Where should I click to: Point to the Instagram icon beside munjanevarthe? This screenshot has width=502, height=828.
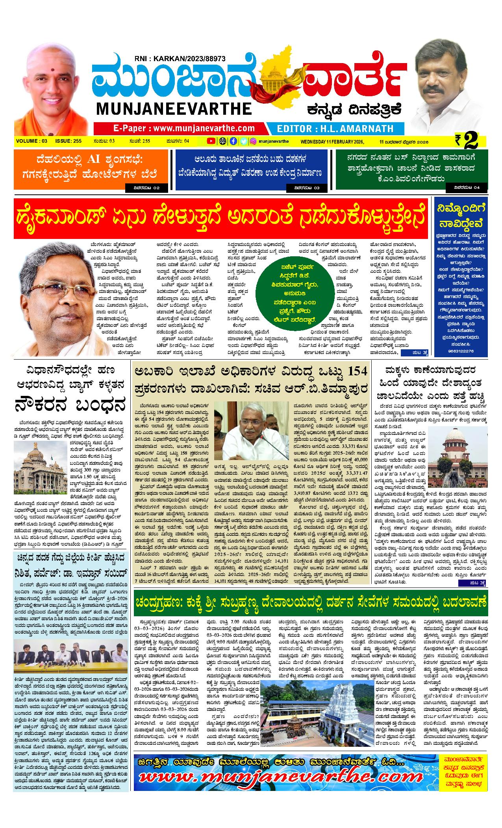(254, 141)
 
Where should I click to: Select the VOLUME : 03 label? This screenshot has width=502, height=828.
(32, 141)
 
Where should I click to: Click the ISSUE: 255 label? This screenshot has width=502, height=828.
(68, 141)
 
